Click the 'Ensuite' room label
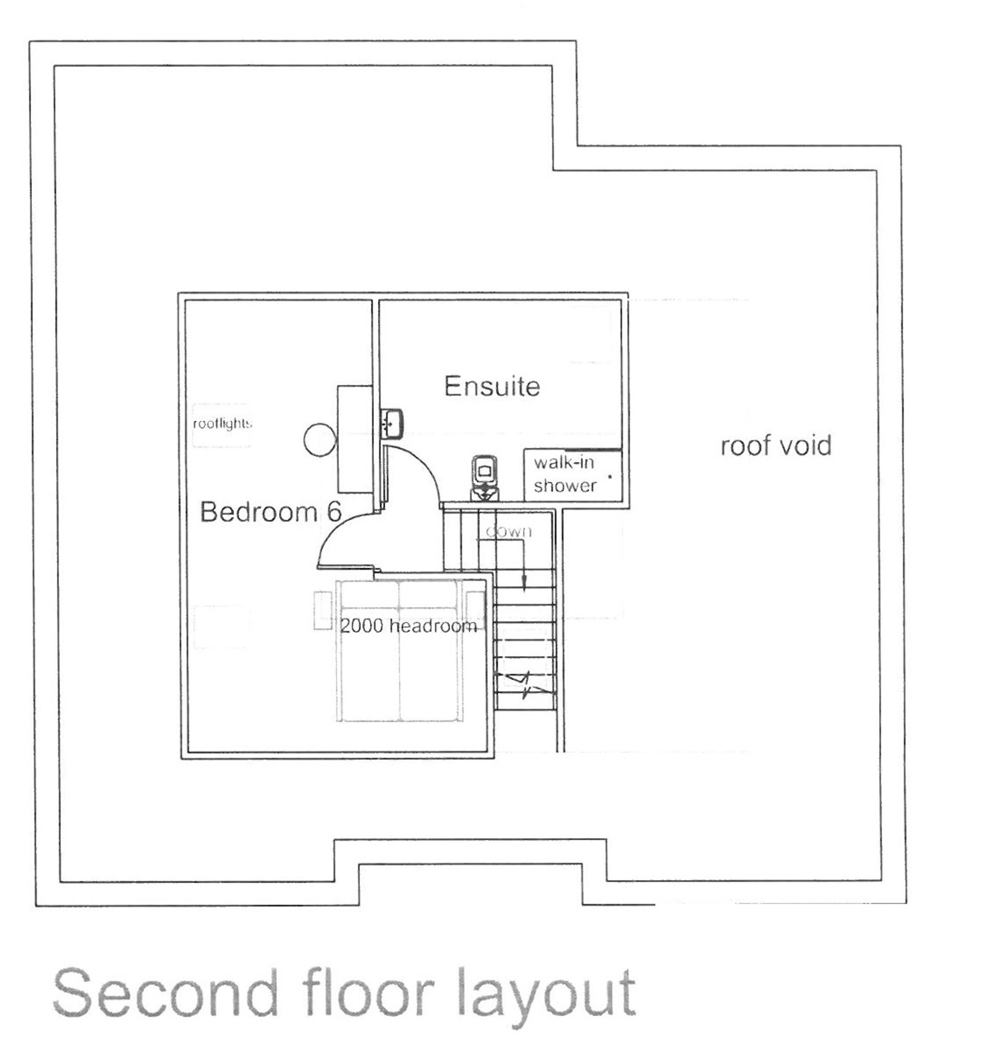click(x=492, y=386)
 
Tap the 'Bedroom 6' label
click(x=271, y=512)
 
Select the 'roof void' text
click(x=775, y=445)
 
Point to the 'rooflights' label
click(x=221, y=423)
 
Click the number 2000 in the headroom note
click(x=362, y=625)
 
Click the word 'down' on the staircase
click(x=508, y=531)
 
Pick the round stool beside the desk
click(x=320, y=439)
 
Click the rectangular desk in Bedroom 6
click(x=354, y=439)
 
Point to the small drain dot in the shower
click(x=610, y=477)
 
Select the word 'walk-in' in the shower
click(x=563, y=463)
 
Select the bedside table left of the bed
click(x=322, y=610)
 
